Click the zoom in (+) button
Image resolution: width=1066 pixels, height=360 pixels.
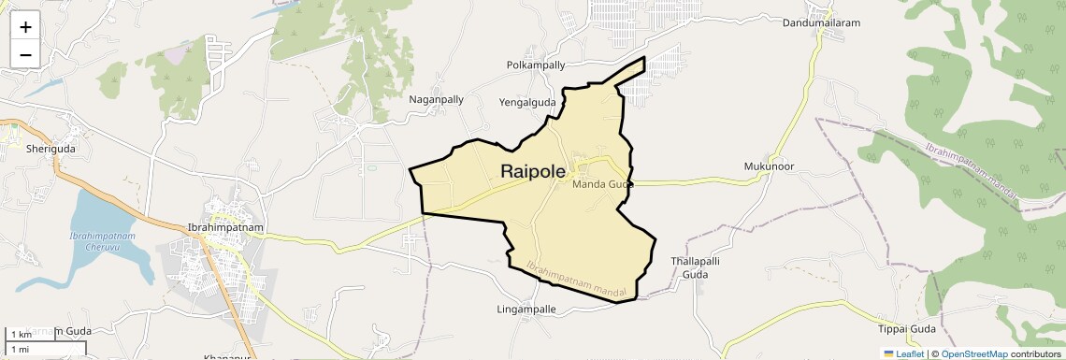[x=25, y=27]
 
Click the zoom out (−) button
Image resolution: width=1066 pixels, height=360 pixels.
[x=25, y=54]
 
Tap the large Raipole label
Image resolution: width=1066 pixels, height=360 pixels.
[x=545, y=171]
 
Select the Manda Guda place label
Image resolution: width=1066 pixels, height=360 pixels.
[x=603, y=184]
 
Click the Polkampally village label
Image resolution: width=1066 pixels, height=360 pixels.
[x=536, y=65]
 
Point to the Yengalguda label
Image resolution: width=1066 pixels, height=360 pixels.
[x=527, y=103]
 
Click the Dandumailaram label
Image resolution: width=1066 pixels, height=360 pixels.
[x=821, y=23]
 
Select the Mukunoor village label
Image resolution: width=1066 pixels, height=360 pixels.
[x=769, y=166]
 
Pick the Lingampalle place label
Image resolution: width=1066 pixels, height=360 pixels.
[x=526, y=309]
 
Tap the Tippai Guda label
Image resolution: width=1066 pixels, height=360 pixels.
[x=907, y=329]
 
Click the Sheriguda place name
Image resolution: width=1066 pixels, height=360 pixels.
[x=50, y=149]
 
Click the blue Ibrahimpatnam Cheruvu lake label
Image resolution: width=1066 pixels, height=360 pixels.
[x=95, y=242]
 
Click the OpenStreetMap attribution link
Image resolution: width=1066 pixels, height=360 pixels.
[x=973, y=353]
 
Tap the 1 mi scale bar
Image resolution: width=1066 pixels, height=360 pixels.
[x=22, y=349]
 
